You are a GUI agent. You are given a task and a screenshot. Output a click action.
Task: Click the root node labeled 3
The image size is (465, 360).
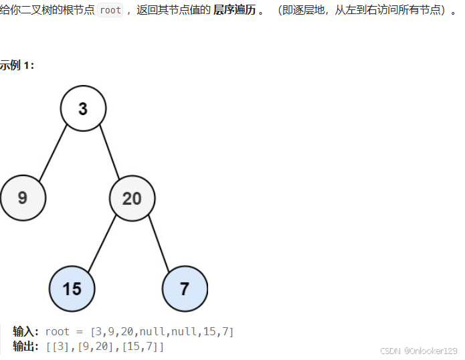pos(83,108)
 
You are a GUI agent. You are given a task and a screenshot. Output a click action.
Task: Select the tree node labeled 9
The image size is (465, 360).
pos(23,197)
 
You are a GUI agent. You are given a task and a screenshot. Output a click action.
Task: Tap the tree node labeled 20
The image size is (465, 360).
pos(132,198)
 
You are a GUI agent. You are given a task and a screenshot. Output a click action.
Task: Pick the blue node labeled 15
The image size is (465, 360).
pos(72,288)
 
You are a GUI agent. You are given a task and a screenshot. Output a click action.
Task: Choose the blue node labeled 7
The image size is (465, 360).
pos(185,288)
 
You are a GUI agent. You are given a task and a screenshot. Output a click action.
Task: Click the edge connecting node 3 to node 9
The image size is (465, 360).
pos(53,153)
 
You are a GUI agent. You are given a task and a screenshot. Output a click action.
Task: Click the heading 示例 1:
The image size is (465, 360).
pos(17,65)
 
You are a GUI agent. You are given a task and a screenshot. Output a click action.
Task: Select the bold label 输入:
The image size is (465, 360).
pos(26,332)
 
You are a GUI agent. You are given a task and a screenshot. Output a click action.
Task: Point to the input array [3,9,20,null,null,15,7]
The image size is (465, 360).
pos(162,332)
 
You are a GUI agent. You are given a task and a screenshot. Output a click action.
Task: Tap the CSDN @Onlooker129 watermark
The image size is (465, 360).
pos(418,351)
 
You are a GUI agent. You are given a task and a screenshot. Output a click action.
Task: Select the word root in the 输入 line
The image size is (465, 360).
pos(58,332)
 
